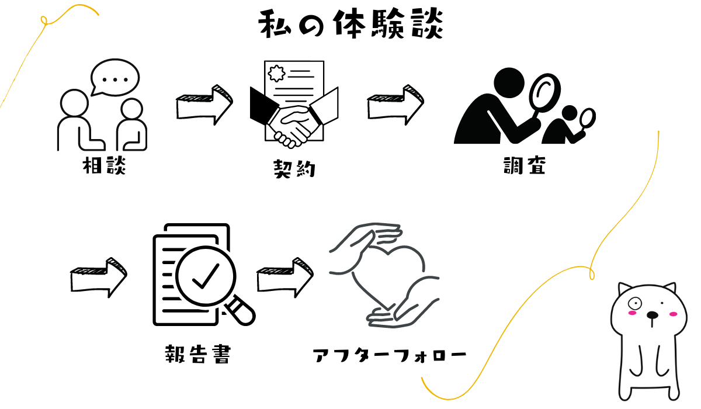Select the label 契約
coord(294,169)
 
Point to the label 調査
coord(524,166)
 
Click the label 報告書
coord(198,354)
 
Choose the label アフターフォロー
coord(390,355)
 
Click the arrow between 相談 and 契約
coord(204,105)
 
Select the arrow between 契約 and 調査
coord(395,105)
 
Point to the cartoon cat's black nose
coord(653,316)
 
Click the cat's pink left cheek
coord(631,314)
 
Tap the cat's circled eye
coord(635,302)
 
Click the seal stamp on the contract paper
coord(276,74)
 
